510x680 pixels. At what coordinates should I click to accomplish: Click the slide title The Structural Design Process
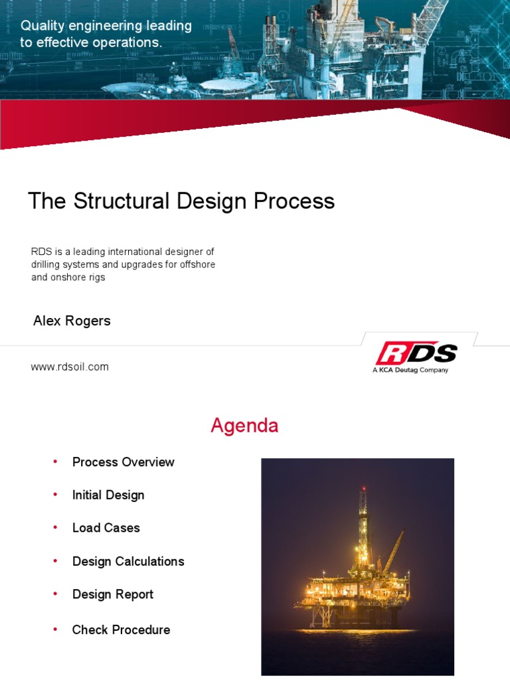181,201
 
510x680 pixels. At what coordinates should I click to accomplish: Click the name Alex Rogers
72,321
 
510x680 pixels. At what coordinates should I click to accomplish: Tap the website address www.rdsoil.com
70,367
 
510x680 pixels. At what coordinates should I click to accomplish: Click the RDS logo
416,354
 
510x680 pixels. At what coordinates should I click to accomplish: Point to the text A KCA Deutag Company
410,370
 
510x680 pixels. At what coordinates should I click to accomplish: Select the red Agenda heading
244,426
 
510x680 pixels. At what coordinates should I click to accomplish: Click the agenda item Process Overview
123,462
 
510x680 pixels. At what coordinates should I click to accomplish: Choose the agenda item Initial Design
108,495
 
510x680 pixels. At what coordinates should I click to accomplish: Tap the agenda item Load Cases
106,528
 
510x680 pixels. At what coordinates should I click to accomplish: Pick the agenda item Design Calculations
128,562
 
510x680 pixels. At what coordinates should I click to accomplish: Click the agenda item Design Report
112,594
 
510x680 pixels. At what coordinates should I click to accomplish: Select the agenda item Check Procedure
121,630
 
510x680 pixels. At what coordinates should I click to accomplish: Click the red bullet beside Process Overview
55,462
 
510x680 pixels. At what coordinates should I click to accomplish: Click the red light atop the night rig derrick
363,489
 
